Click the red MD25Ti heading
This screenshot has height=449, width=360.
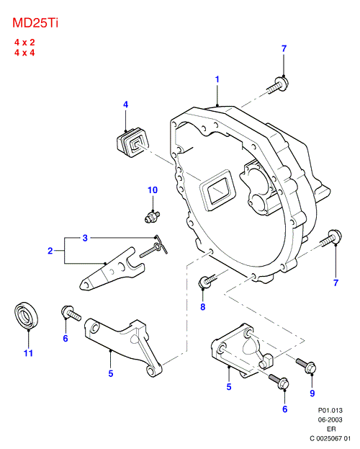pos(35,23)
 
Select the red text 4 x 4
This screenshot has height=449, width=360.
pos(24,53)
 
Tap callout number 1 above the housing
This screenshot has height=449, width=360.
pos(217,79)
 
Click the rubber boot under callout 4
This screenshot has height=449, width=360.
pos(132,142)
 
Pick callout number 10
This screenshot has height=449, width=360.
pos(153,190)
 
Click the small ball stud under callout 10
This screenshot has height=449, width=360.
pos(152,216)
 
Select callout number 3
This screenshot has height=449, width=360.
pos(85,238)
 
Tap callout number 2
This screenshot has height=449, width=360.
pos(50,251)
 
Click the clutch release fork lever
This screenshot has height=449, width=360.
pos(112,269)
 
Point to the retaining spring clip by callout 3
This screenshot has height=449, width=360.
pos(155,246)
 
